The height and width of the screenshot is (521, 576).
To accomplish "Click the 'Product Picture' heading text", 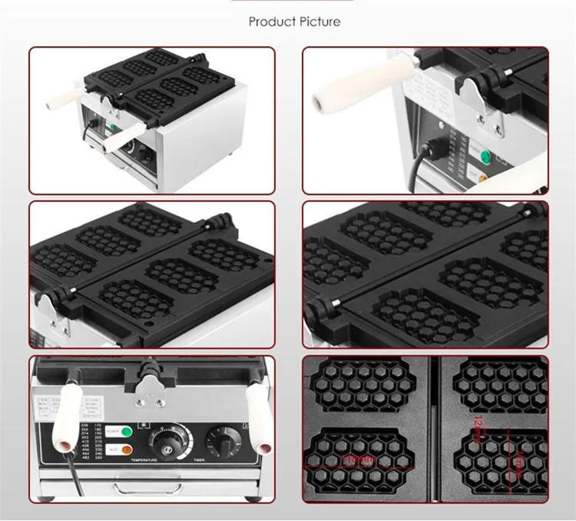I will tap(294, 22).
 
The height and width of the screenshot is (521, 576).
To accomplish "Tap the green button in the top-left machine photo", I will tap(112, 129).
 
